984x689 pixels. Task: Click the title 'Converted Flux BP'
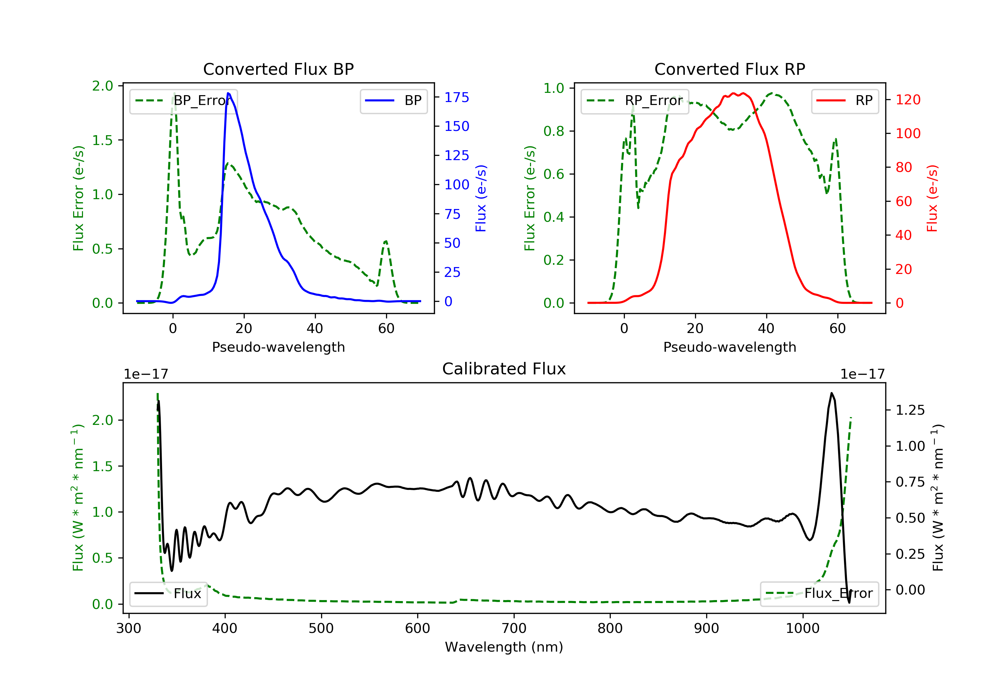click(x=278, y=69)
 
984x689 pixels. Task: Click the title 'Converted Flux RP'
click(x=729, y=69)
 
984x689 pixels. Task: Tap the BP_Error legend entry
click(x=183, y=101)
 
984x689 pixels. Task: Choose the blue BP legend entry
click(x=393, y=101)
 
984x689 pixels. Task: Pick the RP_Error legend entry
click(x=635, y=101)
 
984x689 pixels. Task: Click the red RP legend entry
click(x=844, y=101)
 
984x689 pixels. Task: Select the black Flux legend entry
click(x=168, y=594)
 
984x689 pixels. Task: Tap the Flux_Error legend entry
click(x=819, y=594)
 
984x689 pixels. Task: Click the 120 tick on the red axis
click(x=908, y=100)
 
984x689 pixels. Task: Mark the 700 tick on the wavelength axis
click(x=513, y=629)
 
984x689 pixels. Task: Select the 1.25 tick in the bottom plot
click(x=910, y=410)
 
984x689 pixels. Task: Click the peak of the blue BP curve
click(x=228, y=93)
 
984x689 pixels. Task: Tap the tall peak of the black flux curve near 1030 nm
click(x=831, y=393)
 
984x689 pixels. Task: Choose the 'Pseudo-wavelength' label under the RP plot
click(x=729, y=347)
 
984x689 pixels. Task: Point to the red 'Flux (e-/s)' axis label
click(x=932, y=198)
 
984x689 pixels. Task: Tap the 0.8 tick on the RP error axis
click(x=554, y=131)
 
